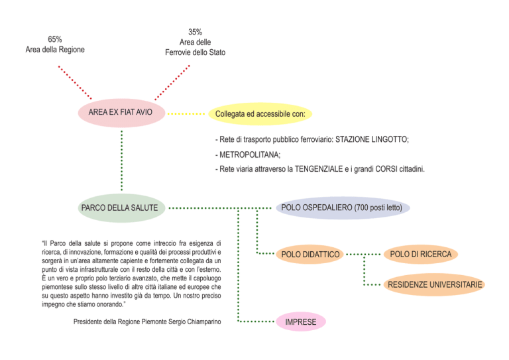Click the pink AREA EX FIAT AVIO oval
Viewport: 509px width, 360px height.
click(121, 113)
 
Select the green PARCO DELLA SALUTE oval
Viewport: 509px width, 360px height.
click(121, 208)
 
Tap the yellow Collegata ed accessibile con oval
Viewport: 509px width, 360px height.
click(260, 114)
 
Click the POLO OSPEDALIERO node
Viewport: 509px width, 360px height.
click(343, 208)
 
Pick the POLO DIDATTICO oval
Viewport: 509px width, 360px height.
click(310, 255)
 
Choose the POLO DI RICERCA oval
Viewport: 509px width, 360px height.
click(421, 254)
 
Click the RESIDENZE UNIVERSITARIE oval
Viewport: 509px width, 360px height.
click(434, 284)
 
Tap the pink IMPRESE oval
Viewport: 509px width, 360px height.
click(301, 322)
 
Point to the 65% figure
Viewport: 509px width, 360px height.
click(55, 39)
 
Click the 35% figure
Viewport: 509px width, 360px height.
click(195, 32)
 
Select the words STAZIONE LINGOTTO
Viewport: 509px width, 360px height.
click(372, 140)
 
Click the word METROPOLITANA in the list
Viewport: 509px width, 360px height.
click(249, 154)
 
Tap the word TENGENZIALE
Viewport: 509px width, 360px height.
click(319, 169)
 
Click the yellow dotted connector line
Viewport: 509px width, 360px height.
click(186, 114)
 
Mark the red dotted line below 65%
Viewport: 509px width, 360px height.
click(75, 82)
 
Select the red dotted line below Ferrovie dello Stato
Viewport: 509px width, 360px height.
click(172, 82)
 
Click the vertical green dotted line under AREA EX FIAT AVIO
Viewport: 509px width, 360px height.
click(122, 160)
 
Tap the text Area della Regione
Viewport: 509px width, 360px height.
click(55, 50)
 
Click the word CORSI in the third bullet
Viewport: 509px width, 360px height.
click(386, 169)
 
